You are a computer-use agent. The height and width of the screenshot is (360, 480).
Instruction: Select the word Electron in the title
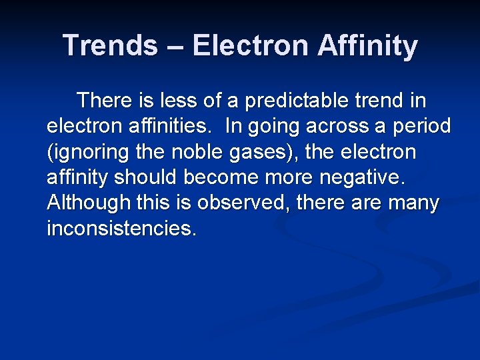coord(253,45)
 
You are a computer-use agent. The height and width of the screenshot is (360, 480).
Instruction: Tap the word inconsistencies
coord(122,228)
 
